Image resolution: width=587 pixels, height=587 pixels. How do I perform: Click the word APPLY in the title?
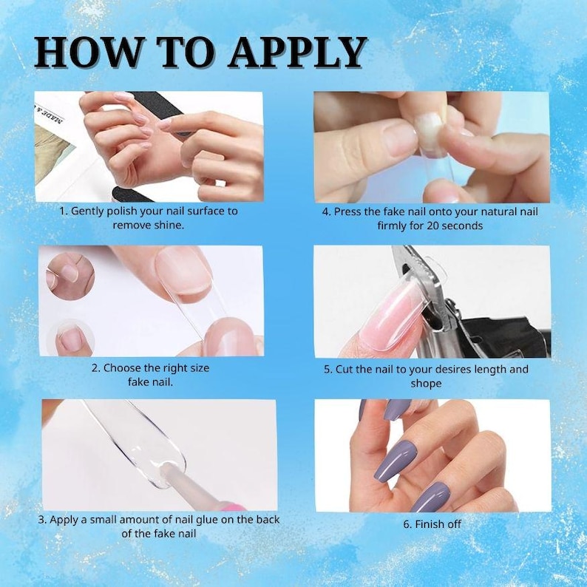coord(298,52)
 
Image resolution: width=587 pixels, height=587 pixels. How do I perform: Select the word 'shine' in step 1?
coord(168,225)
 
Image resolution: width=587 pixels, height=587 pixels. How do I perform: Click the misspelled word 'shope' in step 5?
coord(426,384)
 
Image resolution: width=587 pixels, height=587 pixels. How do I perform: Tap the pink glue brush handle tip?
coord(233,506)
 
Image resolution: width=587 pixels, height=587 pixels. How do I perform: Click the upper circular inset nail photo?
coord(70,276)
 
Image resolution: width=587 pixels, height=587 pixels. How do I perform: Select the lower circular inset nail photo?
coord(70,337)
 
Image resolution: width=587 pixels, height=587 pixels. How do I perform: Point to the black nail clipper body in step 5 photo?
coord(506,337)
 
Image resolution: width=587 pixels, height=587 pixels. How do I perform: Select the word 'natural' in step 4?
coord(497,212)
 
